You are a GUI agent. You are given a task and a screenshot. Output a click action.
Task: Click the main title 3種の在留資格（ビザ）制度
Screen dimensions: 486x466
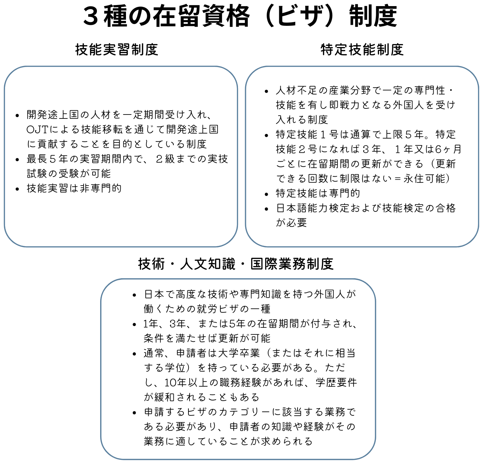(x=240, y=17)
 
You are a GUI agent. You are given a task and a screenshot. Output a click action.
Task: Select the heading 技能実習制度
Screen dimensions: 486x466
(x=117, y=50)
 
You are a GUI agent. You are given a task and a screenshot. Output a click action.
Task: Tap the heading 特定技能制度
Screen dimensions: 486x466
(x=362, y=50)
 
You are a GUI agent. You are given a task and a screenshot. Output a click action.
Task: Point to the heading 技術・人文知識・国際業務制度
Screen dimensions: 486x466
(x=236, y=264)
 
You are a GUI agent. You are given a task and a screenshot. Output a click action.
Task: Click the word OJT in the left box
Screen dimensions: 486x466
(x=37, y=129)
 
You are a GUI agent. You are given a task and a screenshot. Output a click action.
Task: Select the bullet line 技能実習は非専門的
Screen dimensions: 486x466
(x=74, y=188)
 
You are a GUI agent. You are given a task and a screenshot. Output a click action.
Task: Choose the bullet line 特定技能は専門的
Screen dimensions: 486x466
(x=318, y=193)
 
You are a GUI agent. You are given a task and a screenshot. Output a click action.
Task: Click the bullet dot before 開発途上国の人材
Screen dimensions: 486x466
(x=17, y=115)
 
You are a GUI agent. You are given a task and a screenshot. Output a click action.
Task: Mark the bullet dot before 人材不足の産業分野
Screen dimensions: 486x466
(x=266, y=92)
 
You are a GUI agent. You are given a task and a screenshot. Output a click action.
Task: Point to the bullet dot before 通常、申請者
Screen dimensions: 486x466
(x=134, y=354)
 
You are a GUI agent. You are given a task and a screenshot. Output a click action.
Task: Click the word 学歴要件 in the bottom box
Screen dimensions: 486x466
(x=336, y=382)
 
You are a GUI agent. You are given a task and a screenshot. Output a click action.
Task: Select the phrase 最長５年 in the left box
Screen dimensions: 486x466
(x=47, y=159)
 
